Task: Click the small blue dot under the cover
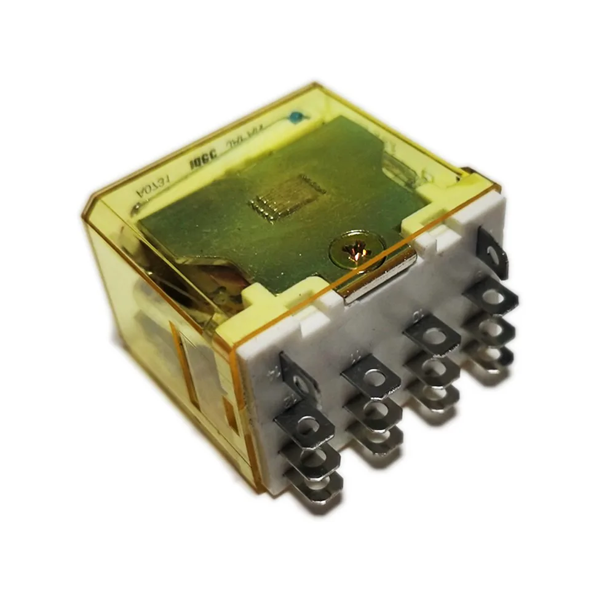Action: click(x=298, y=115)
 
